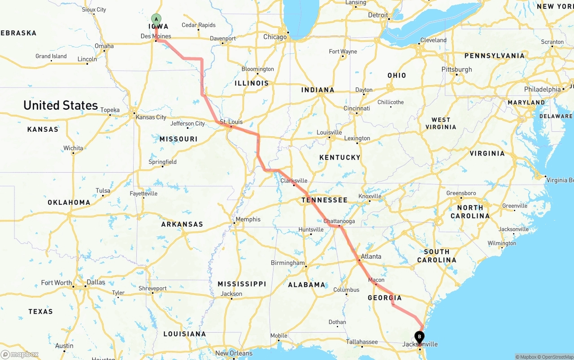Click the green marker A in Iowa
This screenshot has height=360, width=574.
click(156, 20)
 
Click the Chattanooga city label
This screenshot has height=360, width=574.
click(339, 221)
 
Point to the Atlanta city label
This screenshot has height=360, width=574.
click(371, 256)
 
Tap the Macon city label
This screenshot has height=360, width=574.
click(376, 280)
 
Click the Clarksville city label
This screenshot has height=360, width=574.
click(294, 181)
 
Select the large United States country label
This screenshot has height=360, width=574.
click(61, 105)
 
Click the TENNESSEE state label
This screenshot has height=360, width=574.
click(324, 200)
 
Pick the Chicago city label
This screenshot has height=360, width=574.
click(275, 37)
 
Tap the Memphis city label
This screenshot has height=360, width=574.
click(248, 219)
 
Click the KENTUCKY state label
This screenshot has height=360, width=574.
click(340, 157)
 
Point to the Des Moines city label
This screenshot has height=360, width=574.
click(156, 36)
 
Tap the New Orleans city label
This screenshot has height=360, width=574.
click(234, 353)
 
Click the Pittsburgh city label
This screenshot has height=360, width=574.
click(457, 69)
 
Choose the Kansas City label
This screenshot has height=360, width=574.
click(151, 117)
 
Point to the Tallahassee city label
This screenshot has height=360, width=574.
click(362, 342)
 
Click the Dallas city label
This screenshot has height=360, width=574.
click(96, 282)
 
